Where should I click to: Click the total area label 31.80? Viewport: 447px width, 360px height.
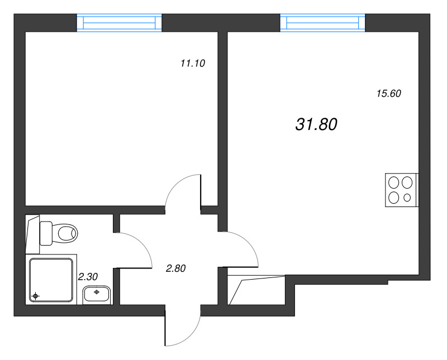coord(316,125)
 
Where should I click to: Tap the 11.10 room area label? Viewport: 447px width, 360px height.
coord(193,64)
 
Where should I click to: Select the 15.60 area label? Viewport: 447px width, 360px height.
coord(389,94)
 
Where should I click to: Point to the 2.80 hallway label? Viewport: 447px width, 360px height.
coord(175,268)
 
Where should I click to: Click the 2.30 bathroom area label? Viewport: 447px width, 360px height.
coord(88,276)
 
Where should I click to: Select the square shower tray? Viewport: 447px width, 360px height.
coord(51,281)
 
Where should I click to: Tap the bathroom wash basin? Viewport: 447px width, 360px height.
coord(97,294)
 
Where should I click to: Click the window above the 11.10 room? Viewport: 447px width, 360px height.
coord(118,23)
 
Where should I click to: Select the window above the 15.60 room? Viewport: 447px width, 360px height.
coord(322,23)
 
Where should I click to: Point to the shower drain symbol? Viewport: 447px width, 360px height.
coord(36,295)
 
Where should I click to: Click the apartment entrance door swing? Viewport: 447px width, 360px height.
coord(183,329)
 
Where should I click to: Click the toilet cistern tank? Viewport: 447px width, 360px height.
coord(46,232)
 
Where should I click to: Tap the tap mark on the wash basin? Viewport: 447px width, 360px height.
coord(97,291)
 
